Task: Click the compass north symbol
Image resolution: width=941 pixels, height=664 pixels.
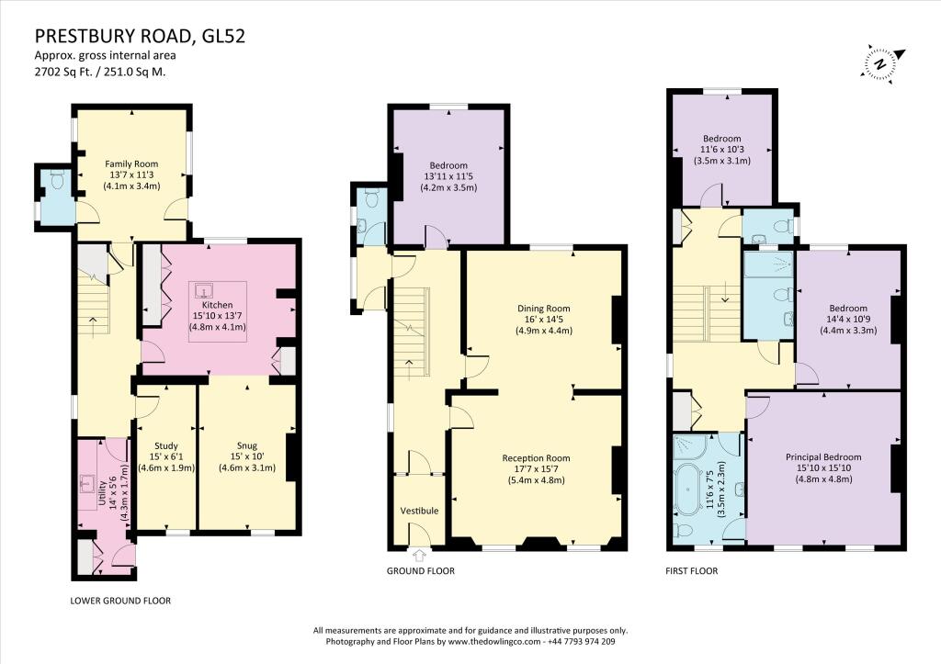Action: (880, 63)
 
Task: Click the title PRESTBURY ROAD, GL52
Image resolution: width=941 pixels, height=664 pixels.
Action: (141, 37)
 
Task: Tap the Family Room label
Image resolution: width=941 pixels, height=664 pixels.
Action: (132, 163)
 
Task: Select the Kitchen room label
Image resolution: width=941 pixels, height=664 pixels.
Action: (218, 304)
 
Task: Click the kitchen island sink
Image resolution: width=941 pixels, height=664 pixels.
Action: (203, 292)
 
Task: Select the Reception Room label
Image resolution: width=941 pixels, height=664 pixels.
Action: (536, 457)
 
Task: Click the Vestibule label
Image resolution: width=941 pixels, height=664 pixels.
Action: (419, 511)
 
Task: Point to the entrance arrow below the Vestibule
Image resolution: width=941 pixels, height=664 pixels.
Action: (420, 554)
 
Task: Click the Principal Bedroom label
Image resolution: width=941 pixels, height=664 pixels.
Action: (822, 456)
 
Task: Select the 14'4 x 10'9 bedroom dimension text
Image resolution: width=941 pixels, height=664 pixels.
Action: (847, 320)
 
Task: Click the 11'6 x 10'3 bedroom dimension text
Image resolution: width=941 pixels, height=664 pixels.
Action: (721, 150)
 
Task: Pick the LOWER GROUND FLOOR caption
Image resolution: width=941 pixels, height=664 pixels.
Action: (120, 601)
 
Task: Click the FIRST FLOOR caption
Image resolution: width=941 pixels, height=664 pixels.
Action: (692, 570)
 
